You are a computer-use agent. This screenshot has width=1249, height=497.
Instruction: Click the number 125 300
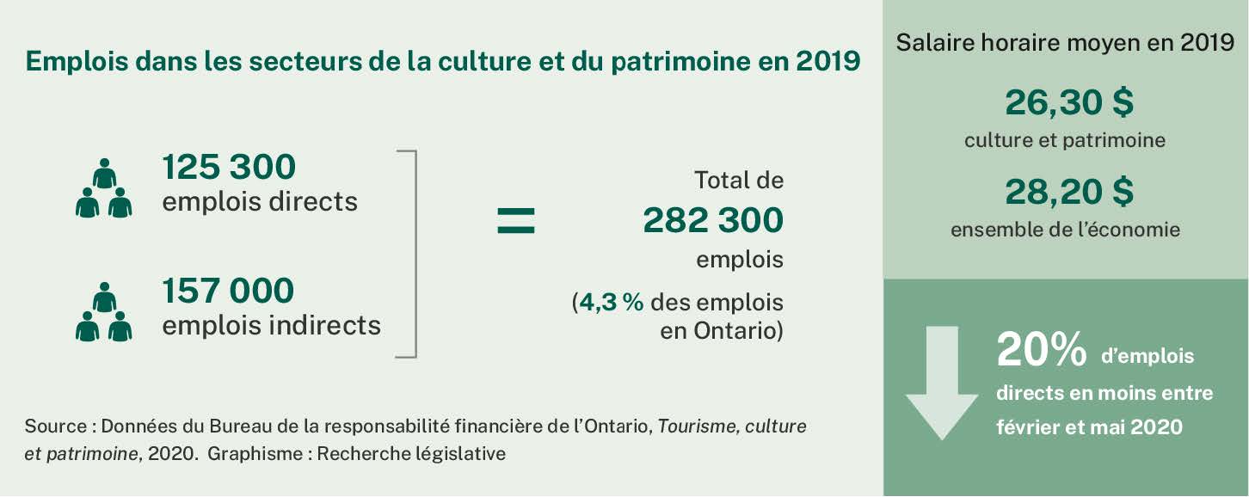(x=229, y=167)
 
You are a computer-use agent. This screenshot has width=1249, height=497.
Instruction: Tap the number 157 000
(x=228, y=291)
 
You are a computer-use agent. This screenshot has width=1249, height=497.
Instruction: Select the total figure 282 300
(x=713, y=221)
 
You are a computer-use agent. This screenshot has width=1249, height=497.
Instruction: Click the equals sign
(x=516, y=220)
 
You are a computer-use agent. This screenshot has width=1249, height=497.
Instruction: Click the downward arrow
(x=941, y=383)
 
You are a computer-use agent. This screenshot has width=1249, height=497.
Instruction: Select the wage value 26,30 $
(x=1069, y=103)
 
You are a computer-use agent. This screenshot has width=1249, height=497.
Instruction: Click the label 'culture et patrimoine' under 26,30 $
(x=1065, y=140)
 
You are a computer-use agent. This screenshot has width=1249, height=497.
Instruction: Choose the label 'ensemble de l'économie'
(x=1065, y=230)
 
